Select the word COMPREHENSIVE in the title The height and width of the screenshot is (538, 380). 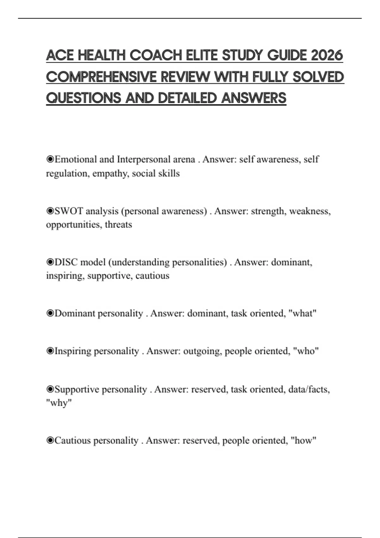click(x=101, y=77)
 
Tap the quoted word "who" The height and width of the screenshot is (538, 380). click(x=306, y=351)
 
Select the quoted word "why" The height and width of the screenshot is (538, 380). click(x=59, y=403)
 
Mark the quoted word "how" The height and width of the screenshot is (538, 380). click(x=303, y=441)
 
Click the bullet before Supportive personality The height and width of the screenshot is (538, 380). click(x=50, y=389)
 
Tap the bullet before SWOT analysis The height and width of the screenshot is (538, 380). click(x=50, y=211)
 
